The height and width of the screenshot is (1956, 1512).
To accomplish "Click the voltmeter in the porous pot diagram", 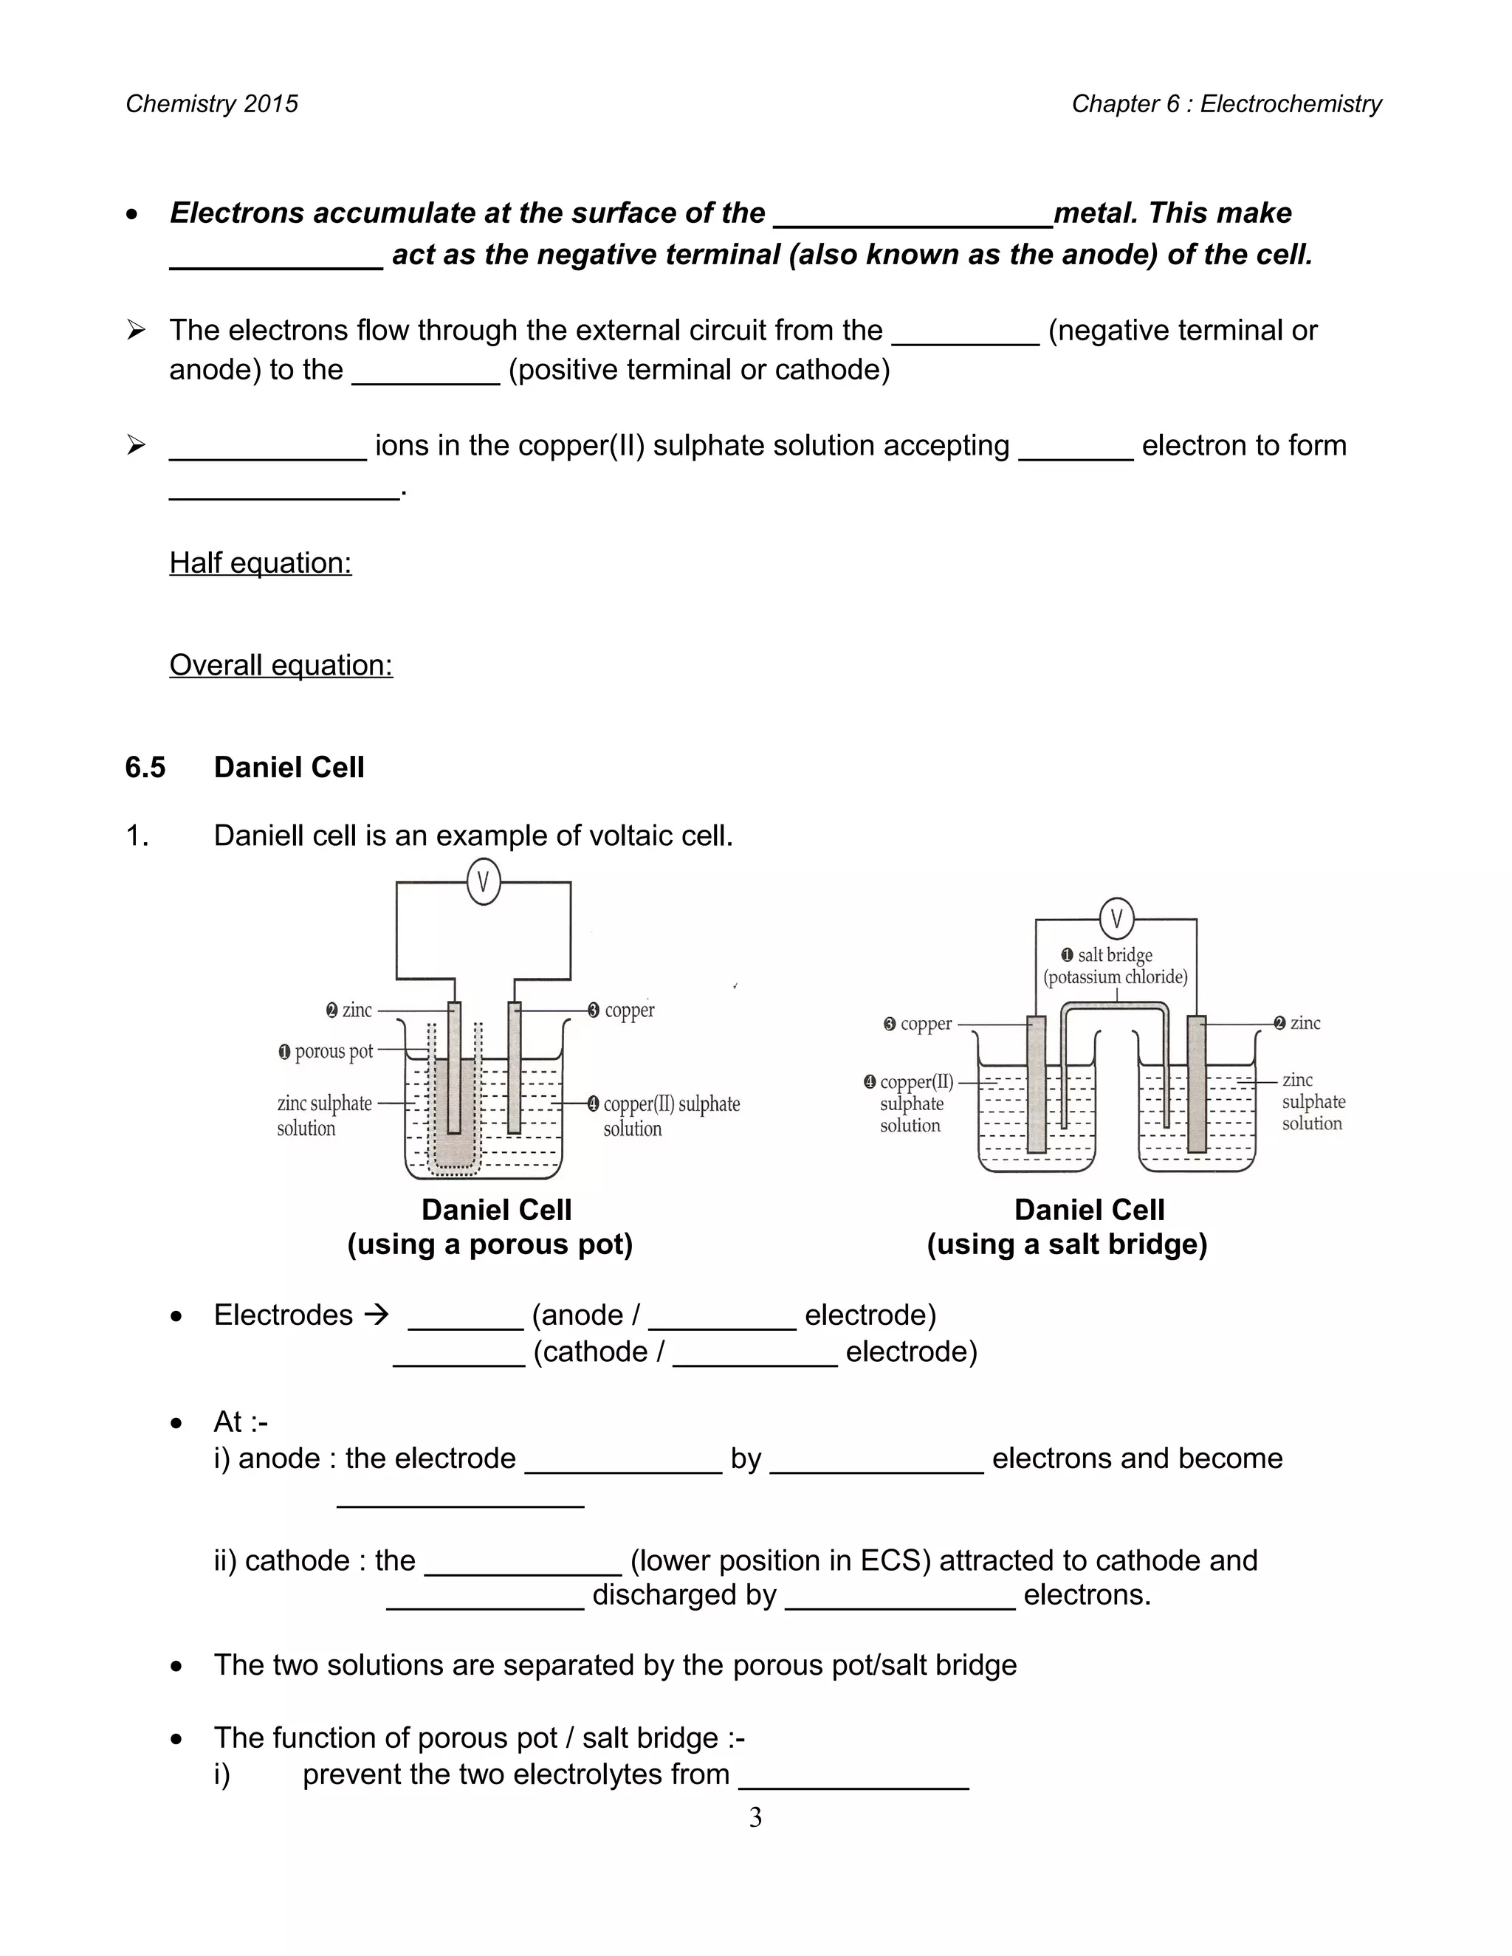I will pyautogui.click(x=484, y=882).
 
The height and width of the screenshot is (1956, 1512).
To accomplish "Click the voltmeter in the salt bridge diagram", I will pyautogui.click(x=1116, y=918).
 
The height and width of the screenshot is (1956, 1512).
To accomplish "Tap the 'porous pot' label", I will pyautogui.click(x=333, y=1050).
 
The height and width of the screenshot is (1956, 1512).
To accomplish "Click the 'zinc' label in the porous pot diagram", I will pyautogui.click(x=357, y=1010).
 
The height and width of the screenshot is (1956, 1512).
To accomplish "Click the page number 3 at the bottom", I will pyautogui.click(x=755, y=1817).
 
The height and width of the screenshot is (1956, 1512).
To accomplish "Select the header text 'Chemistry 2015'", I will pyautogui.click(x=211, y=104).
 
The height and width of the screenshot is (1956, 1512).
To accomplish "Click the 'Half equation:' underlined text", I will pyautogui.click(x=261, y=562).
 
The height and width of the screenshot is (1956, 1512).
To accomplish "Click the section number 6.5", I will pyautogui.click(x=145, y=768).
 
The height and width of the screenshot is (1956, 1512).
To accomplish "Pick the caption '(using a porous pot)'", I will pyautogui.click(x=490, y=1244).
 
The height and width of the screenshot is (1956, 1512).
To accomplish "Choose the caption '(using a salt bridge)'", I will pyautogui.click(x=1067, y=1244).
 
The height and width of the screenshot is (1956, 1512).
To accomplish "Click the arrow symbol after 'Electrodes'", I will pyautogui.click(x=377, y=1315).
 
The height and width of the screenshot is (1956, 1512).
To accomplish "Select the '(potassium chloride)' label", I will pyautogui.click(x=1116, y=977).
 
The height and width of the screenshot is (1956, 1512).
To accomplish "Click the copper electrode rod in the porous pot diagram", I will pyautogui.click(x=514, y=1075).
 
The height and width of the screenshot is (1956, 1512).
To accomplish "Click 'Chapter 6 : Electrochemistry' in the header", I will pyautogui.click(x=1226, y=104).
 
